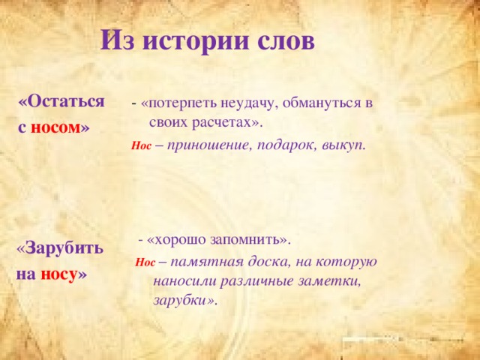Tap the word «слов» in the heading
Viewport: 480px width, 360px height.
point(286,42)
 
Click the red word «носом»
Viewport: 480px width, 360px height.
point(55,127)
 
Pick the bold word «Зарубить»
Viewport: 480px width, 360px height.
point(64,248)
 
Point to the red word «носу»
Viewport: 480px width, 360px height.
point(58,274)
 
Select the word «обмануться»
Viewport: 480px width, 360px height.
point(319,103)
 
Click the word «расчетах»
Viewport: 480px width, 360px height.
point(222,124)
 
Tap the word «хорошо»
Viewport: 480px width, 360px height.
point(179,240)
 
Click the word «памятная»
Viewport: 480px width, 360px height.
point(206,262)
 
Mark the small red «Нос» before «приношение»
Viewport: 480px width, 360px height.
point(141,146)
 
